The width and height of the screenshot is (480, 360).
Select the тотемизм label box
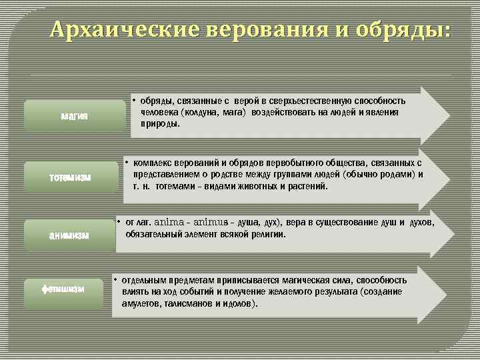[x=70, y=177]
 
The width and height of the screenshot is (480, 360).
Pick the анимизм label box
[x=70, y=235]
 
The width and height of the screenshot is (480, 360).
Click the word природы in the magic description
[x=160, y=124]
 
